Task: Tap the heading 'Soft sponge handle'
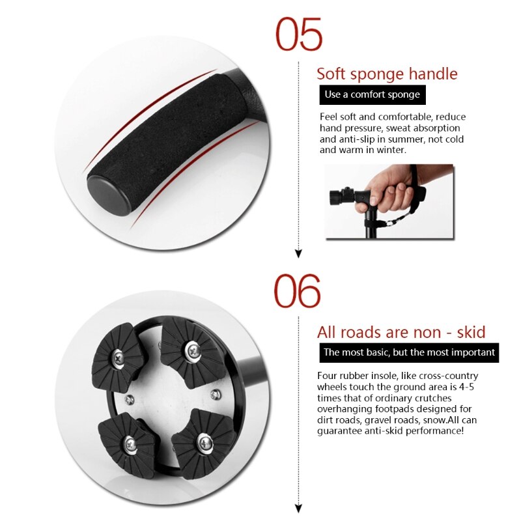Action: tap(387, 74)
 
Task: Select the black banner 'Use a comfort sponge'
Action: tap(372, 94)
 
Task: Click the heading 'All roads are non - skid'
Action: tap(401, 332)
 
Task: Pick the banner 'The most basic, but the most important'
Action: tap(410, 353)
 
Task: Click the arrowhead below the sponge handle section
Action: tap(299, 254)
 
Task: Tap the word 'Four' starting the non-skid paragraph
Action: tap(328, 376)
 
